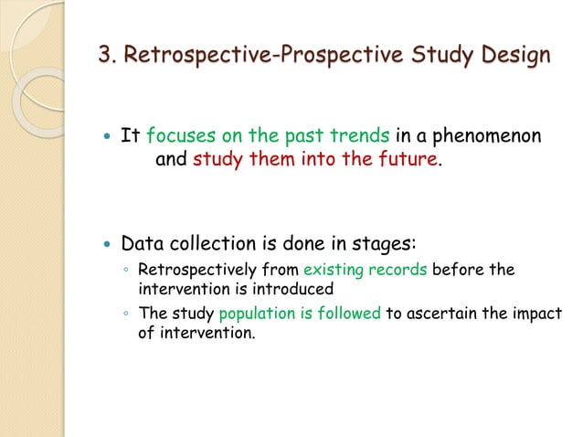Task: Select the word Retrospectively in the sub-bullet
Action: click(x=191, y=271)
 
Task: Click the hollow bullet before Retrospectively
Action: click(x=127, y=272)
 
